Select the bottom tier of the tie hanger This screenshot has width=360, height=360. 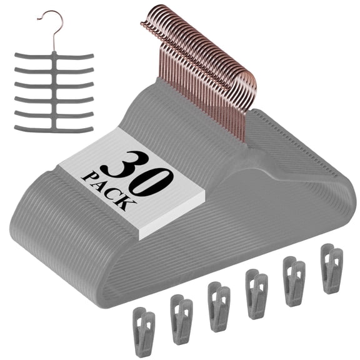53,129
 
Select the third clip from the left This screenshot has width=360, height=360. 219,299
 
